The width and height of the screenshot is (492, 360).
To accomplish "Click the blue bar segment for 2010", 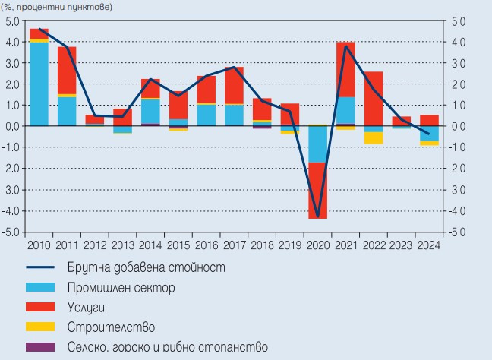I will coord(38,84).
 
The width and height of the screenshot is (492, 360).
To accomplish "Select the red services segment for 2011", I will coord(67,71).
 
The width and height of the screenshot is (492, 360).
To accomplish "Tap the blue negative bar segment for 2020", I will coord(317,144).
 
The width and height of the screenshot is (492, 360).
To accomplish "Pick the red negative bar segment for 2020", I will coord(317,191).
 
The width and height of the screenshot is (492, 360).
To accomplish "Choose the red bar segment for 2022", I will coord(373,98).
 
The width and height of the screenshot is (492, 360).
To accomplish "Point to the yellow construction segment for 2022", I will coord(373,137).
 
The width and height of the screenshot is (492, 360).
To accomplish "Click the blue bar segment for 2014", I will coord(150,111).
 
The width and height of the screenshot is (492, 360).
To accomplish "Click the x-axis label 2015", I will coord(178,245).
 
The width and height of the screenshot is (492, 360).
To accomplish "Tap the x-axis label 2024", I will coord(428,245).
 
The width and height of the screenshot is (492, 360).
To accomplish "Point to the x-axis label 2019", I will coord(289,245).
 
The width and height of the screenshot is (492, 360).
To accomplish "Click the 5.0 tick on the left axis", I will coord(12,21).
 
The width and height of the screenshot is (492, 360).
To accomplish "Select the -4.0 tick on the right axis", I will coord(458,210).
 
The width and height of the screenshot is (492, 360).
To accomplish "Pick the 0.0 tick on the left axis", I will coord(12,126).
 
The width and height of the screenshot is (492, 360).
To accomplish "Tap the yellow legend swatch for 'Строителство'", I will coord(41,327).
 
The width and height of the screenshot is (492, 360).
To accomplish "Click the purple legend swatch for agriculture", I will coord(41,347).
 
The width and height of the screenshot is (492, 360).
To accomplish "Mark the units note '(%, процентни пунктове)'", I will coord(56,6).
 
